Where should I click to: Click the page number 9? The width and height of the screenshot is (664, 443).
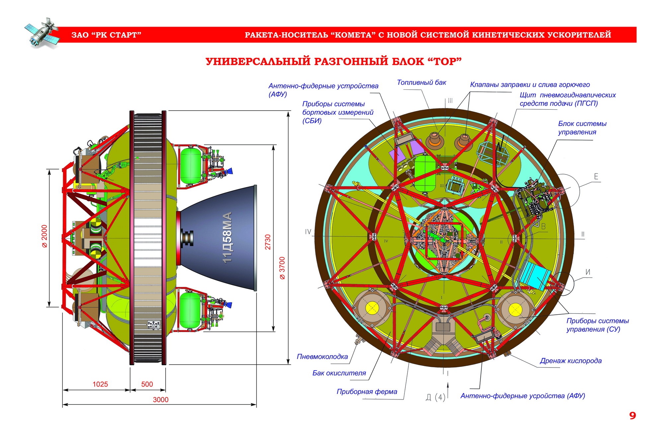tap(632, 416)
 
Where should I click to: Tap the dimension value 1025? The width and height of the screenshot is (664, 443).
tap(100, 384)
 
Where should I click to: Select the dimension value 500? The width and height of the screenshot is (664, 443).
tap(147, 384)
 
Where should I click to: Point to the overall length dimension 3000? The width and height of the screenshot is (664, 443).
tap(160, 399)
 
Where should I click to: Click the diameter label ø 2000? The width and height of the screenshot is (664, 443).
tap(44, 236)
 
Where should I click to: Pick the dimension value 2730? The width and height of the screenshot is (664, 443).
tap(268, 242)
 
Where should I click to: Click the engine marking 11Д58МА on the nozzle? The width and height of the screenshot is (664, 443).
tap(227, 237)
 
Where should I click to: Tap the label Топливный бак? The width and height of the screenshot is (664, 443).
tap(421, 82)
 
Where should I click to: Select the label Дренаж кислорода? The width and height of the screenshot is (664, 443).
tap(570, 361)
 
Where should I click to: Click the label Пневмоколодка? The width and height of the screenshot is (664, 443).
tap(322, 357)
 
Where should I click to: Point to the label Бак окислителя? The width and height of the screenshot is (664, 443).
tap(339, 373)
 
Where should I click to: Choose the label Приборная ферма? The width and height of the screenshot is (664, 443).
tap(367, 391)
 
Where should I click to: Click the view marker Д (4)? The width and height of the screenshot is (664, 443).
tap(435, 397)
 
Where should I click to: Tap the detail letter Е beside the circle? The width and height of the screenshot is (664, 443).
tap(596, 176)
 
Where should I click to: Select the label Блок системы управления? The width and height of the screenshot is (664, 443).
tap(582, 128)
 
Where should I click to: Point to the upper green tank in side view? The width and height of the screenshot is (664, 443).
tap(190, 166)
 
